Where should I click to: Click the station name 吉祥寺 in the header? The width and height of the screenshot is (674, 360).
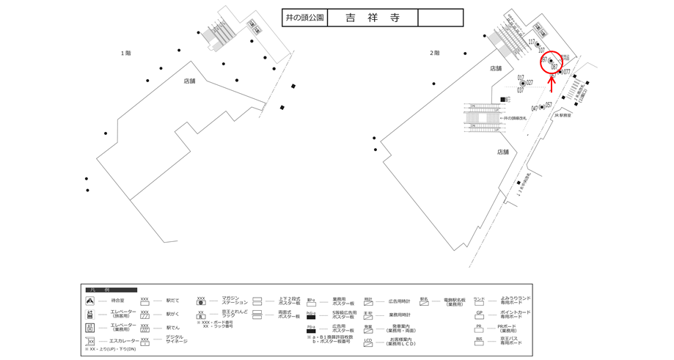[372, 18]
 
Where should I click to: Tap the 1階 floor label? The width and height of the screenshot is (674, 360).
[125, 53]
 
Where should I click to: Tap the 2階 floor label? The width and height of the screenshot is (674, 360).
[434, 53]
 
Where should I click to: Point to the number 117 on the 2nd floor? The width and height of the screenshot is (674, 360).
[531, 43]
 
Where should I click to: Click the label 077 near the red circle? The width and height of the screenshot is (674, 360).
[566, 72]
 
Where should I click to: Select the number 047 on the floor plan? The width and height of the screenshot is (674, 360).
[535, 109]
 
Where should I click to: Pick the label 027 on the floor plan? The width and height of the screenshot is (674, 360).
[529, 83]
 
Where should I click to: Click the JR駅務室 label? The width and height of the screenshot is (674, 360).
[563, 115]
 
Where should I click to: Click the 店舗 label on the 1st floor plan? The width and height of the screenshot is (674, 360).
[189, 81]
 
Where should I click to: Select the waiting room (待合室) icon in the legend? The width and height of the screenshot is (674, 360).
[90, 301]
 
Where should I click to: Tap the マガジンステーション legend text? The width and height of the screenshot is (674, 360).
[232, 301]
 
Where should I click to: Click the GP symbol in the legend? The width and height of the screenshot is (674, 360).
[479, 313]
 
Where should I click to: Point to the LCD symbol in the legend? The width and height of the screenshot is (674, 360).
[368, 341]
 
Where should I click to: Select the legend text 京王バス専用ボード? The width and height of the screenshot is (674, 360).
[510, 341]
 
